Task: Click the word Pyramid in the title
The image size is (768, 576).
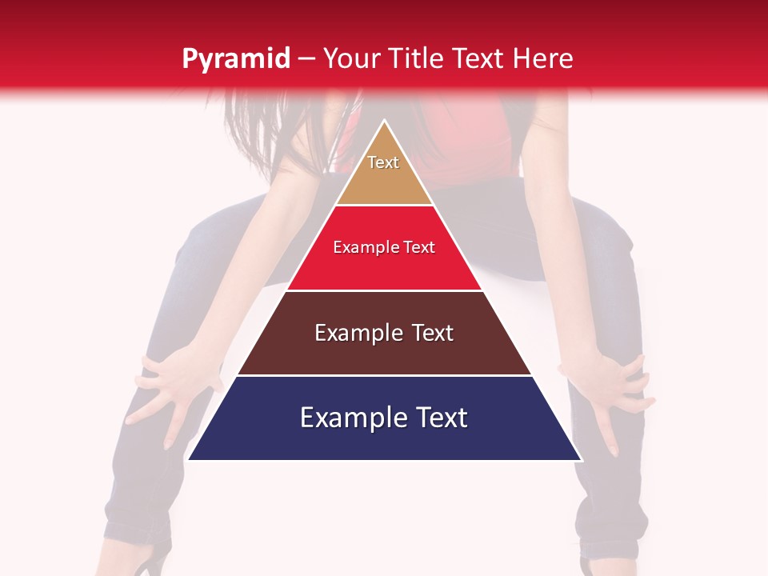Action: tap(235, 58)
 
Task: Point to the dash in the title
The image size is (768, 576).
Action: tap(306, 59)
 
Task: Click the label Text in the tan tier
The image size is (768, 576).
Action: tap(383, 162)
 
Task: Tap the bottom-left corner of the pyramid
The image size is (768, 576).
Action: tap(190, 458)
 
